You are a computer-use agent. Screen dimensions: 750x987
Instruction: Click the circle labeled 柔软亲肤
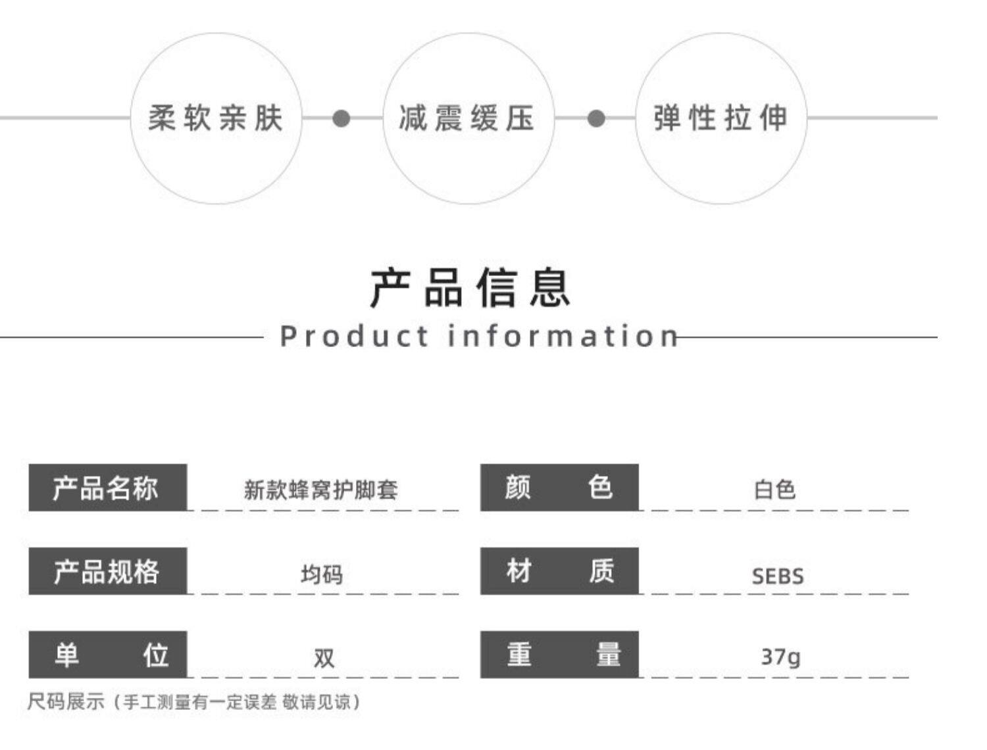coord(216,118)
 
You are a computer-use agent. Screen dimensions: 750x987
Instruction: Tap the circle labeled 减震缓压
coord(468,118)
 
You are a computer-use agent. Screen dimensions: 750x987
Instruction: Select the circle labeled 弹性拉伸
coord(721,118)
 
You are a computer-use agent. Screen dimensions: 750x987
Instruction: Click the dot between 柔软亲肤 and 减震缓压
coord(342,118)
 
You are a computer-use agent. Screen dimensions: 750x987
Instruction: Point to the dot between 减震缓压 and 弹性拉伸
coord(596,118)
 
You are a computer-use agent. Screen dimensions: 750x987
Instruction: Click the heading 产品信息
coord(470,288)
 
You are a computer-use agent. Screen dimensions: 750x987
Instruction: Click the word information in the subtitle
coord(563,336)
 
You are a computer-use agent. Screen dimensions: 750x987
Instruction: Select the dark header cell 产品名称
coord(107,488)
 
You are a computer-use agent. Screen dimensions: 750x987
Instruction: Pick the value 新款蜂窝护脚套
coord(321,490)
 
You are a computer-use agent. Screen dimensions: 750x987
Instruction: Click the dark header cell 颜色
coord(559,488)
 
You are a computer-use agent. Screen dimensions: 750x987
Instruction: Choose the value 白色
coord(775,490)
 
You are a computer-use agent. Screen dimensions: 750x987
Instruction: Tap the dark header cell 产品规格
coord(107,571)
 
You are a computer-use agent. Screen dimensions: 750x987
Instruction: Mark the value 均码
coord(322,574)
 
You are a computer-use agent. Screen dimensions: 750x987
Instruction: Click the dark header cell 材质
coord(559,571)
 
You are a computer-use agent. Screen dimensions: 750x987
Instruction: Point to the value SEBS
coord(778,576)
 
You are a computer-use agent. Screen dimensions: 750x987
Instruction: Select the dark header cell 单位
coord(107,655)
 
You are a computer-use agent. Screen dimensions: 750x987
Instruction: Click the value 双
coord(324,657)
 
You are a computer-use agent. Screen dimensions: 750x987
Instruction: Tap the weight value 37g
coord(780,657)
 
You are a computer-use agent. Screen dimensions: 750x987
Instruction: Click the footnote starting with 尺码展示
coord(194,702)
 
